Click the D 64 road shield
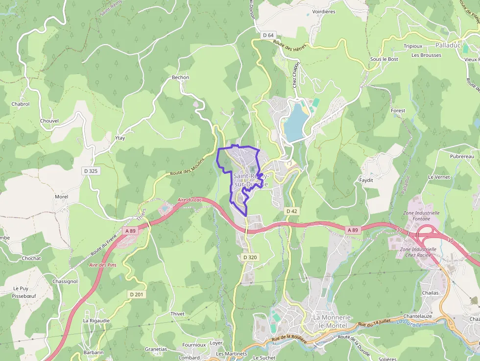[x=268, y=35]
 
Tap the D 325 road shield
[x=91, y=170]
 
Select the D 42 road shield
[x=292, y=211]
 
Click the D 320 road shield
[x=250, y=257]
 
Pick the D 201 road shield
[x=137, y=294]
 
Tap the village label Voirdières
[x=324, y=11]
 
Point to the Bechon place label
[x=180, y=77]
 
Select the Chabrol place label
[x=21, y=104]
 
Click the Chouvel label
[x=49, y=120]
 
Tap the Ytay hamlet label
[x=120, y=138]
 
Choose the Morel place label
[x=61, y=196]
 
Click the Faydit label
[x=366, y=180]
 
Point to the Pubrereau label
[x=462, y=156]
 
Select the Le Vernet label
[x=438, y=177]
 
